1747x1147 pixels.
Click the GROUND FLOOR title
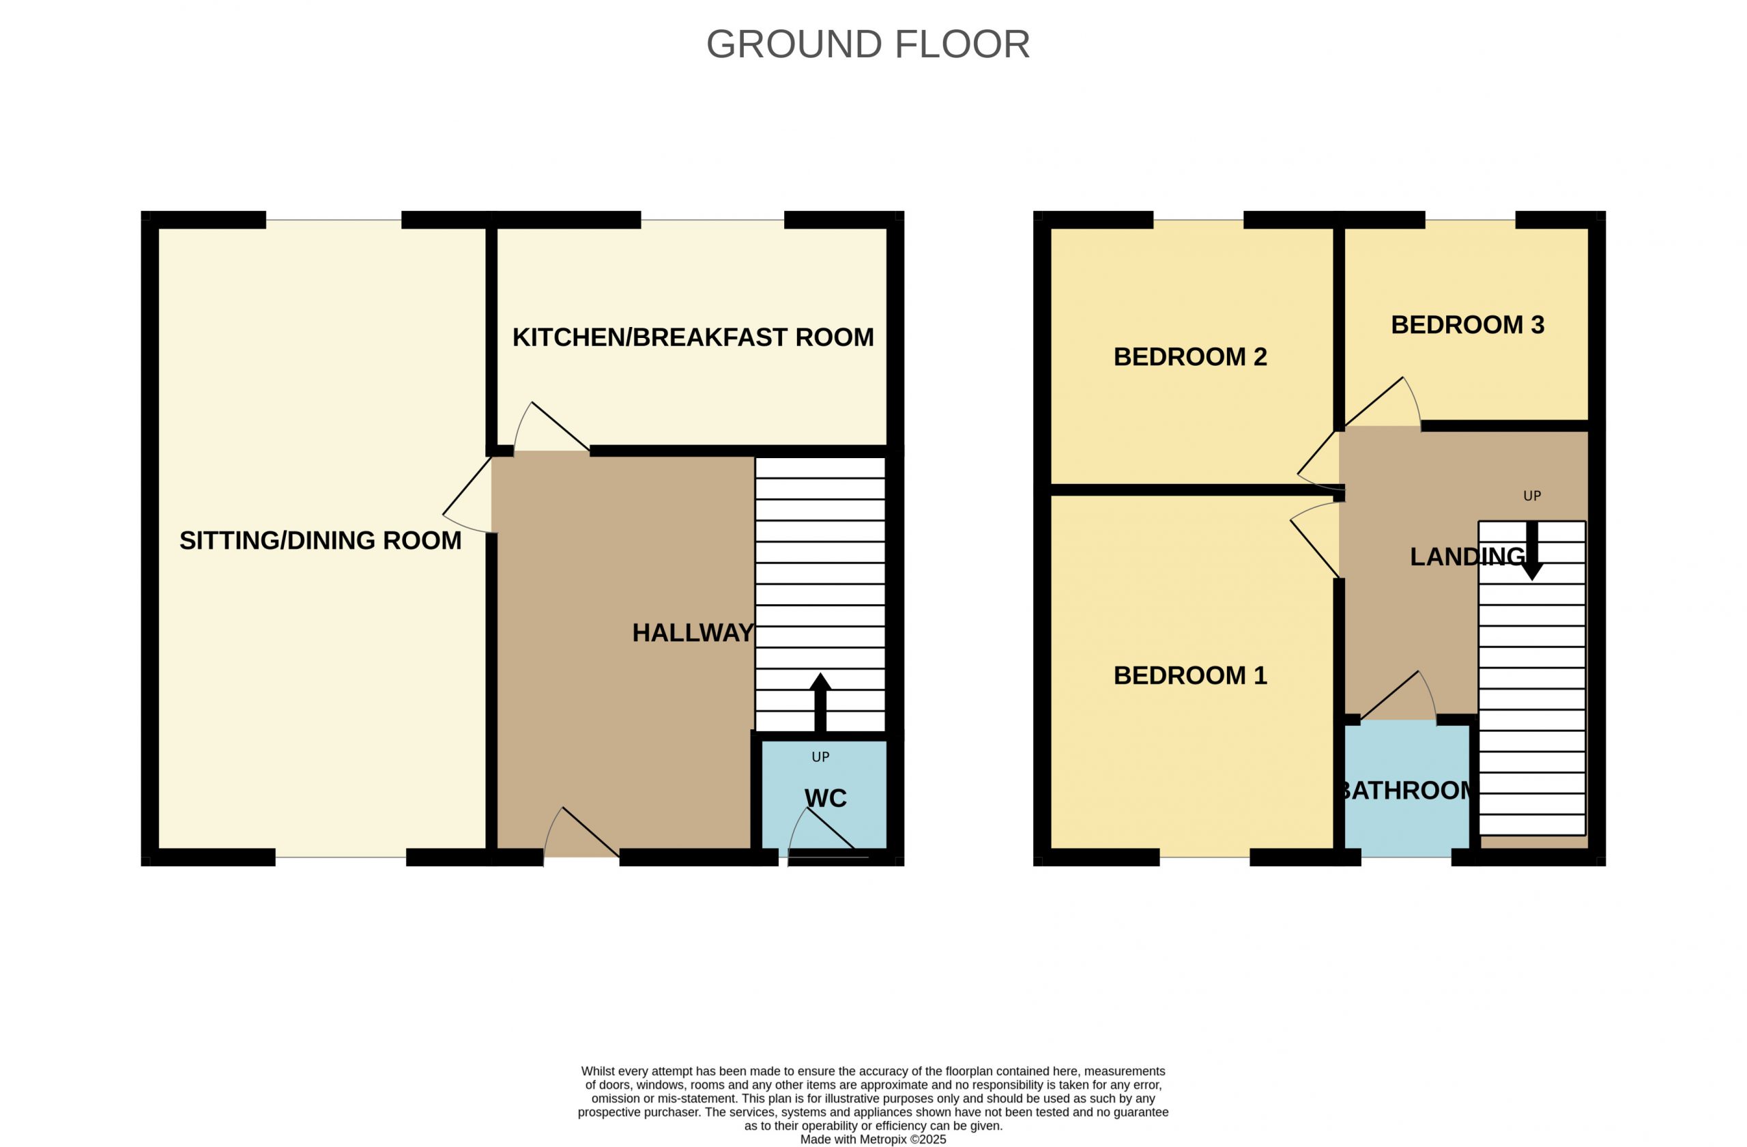coord(867,44)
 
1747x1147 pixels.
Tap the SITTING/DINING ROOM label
coord(321,541)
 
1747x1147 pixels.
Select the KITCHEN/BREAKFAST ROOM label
coord(693,337)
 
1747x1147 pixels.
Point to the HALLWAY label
coord(693,632)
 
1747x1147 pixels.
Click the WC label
coord(826,798)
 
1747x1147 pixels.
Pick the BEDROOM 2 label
coord(1190,357)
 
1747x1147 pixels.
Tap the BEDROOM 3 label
coord(1467,324)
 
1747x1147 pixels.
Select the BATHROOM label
coord(1406,790)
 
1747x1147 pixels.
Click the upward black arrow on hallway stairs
coord(820,702)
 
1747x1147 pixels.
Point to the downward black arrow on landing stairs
coord(1531,551)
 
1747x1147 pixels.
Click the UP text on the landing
coord(1532,496)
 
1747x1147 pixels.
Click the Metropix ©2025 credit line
coord(873,1139)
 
